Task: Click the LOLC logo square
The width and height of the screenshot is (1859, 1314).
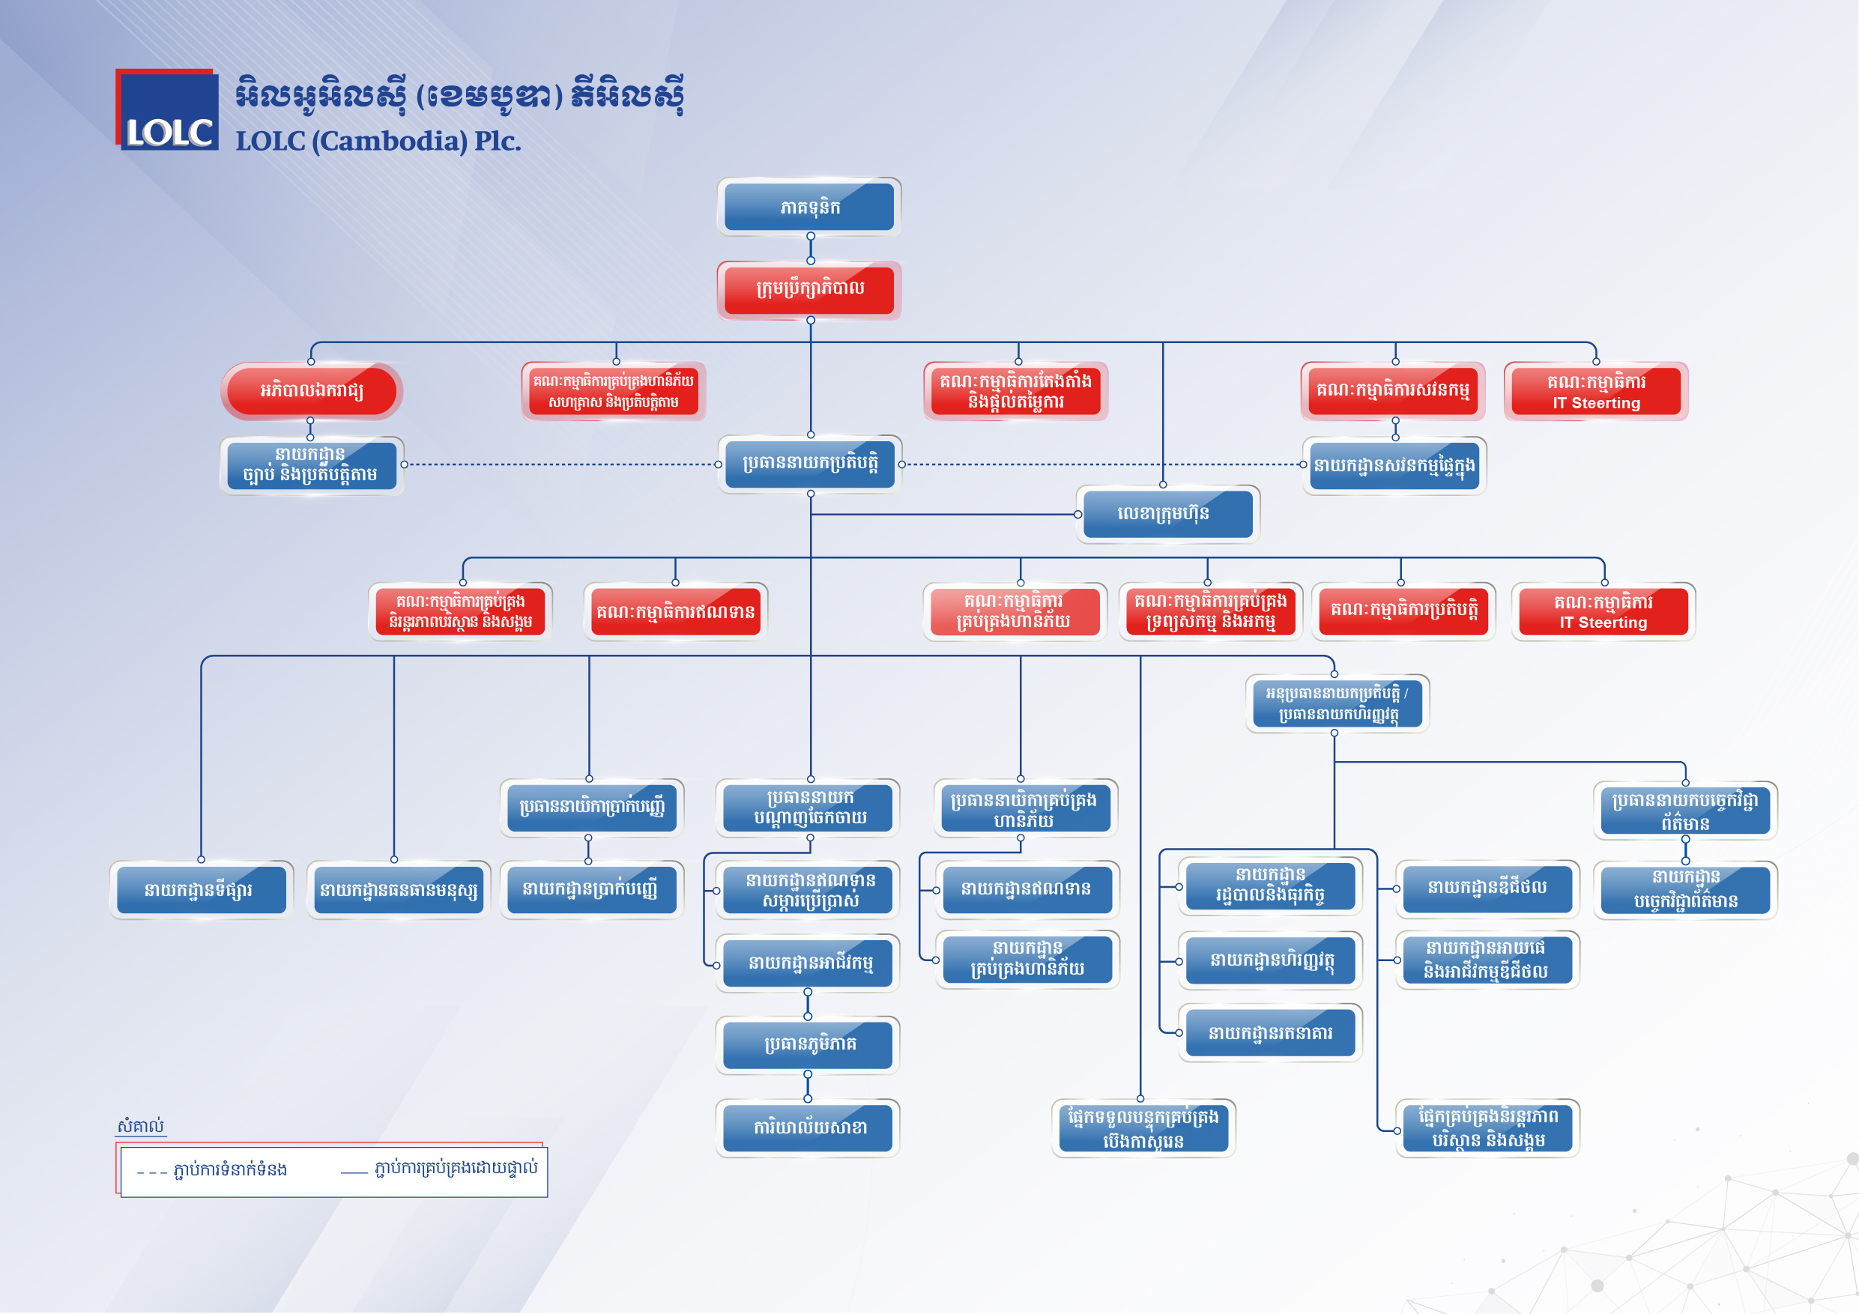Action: (x=167, y=109)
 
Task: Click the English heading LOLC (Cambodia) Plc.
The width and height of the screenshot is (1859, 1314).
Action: (x=378, y=141)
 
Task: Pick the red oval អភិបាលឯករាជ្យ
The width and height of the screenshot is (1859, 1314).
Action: (x=312, y=390)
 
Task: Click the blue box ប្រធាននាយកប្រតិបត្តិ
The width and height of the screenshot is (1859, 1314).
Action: (x=810, y=464)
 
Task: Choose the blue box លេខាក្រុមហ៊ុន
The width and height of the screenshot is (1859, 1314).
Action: (x=1167, y=513)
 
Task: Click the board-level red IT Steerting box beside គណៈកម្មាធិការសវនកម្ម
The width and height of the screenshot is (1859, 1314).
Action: (x=1596, y=391)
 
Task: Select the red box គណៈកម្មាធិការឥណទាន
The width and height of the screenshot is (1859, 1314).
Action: (x=675, y=611)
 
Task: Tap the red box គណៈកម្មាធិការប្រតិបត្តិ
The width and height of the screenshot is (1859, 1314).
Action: (x=1404, y=611)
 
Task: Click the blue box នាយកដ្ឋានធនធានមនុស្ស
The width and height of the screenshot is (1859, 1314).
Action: (x=399, y=890)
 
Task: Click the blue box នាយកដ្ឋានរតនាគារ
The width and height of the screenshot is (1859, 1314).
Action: (x=1269, y=1033)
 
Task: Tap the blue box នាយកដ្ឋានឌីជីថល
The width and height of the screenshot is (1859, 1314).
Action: (x=1487, y=888)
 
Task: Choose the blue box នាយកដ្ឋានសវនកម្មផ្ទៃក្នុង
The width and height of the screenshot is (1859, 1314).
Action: (x=1394, y=465)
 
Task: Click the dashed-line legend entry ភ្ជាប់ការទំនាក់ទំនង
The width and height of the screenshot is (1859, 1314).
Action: (x=212, y=1169)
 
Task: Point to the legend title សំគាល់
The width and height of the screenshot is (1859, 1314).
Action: (x=141, y=1125)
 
